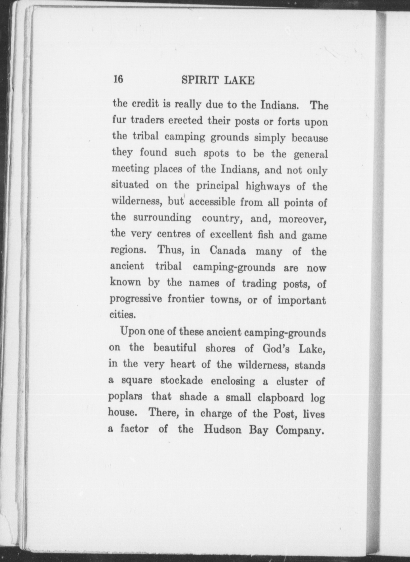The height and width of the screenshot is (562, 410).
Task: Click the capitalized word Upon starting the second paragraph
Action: pos(132,332)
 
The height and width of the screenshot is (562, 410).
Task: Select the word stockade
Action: pos(182,381)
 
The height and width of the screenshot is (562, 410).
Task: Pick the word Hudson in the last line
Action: pos(222,430)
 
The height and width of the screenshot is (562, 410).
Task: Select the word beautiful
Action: pos(175,348)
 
